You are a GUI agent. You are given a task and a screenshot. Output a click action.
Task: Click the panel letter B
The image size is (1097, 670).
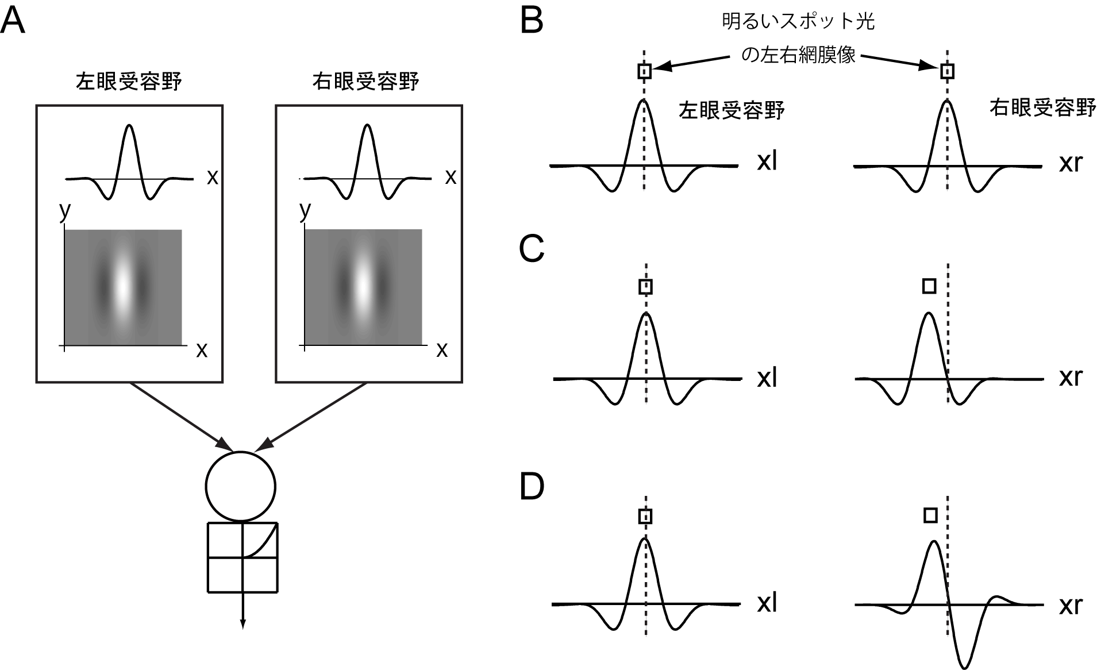click(x=532, y=22)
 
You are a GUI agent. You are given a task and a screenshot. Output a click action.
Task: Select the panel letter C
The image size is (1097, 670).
click(x=532, y=249)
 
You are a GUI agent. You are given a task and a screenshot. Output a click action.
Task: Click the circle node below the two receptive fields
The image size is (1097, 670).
click(x=241, y=486)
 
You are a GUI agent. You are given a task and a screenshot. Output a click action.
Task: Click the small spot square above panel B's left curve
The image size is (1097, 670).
click(x=644, y=71)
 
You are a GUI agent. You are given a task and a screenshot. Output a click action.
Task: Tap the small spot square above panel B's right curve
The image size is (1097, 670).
click(x=947, y=71)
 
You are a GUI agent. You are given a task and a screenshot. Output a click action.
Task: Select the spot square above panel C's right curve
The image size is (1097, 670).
click(x=929, y=286)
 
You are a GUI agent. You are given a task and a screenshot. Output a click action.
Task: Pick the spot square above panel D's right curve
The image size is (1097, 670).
click(x=930, y=515)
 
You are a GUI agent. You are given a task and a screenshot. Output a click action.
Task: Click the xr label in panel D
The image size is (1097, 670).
click(x=1071, y=606)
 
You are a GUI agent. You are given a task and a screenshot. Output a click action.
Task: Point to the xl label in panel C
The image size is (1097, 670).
click(x=767, y=379)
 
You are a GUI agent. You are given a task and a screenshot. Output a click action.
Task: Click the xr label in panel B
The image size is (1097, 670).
click(x=1071, y=164)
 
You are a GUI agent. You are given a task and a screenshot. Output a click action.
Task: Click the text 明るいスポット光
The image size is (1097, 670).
click(x=798, y=22)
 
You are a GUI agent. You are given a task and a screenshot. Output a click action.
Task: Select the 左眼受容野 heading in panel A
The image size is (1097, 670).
click(x=129, y=82)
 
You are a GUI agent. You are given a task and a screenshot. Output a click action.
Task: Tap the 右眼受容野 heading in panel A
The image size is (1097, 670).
click(x=365, y=82)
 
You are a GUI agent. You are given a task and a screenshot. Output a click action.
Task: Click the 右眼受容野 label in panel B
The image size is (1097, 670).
click(x=1042, y=108)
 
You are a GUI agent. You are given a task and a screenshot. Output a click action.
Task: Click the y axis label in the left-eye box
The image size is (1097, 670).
click(x=65, y=211)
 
